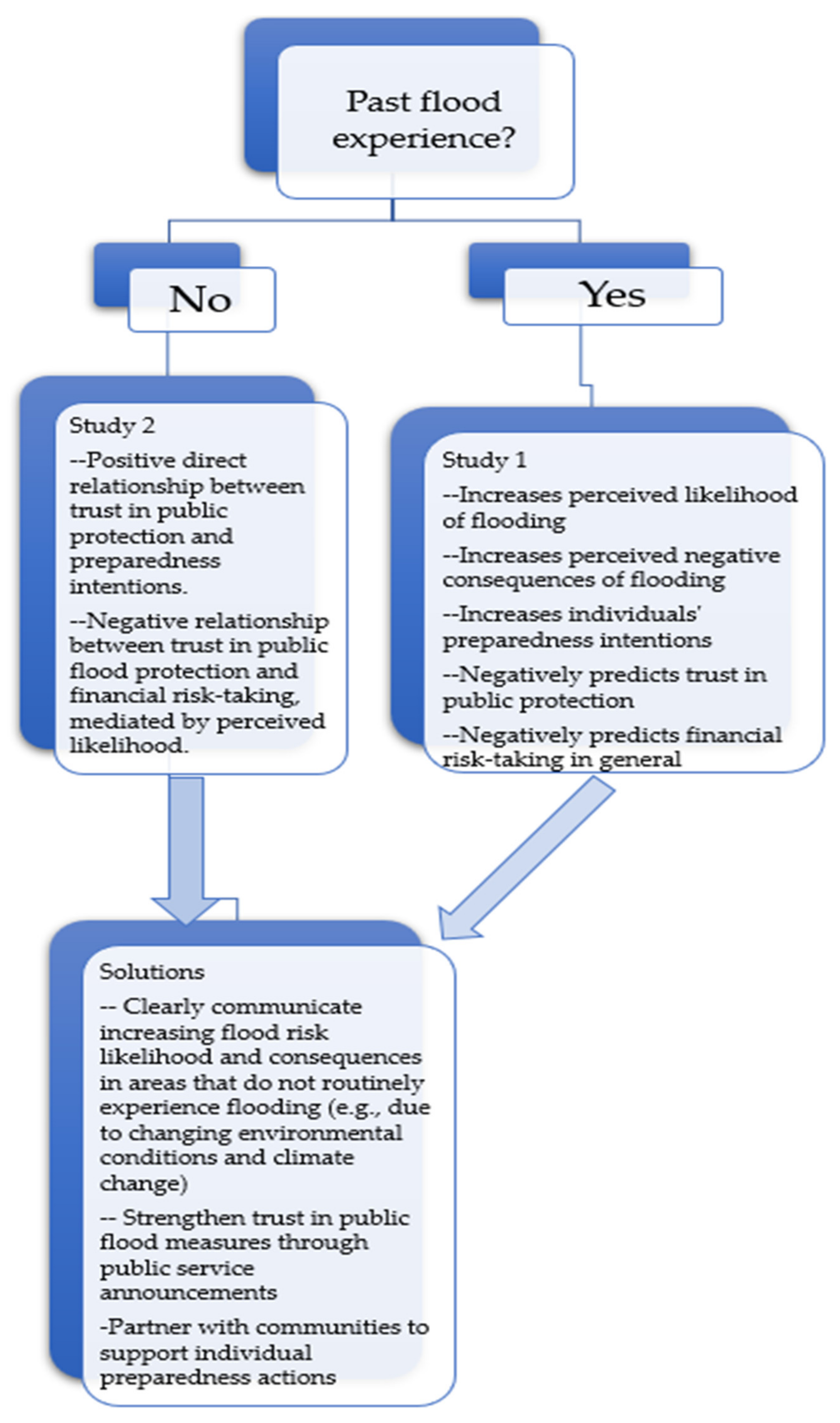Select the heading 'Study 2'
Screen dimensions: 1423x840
(x=112, y=426)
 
